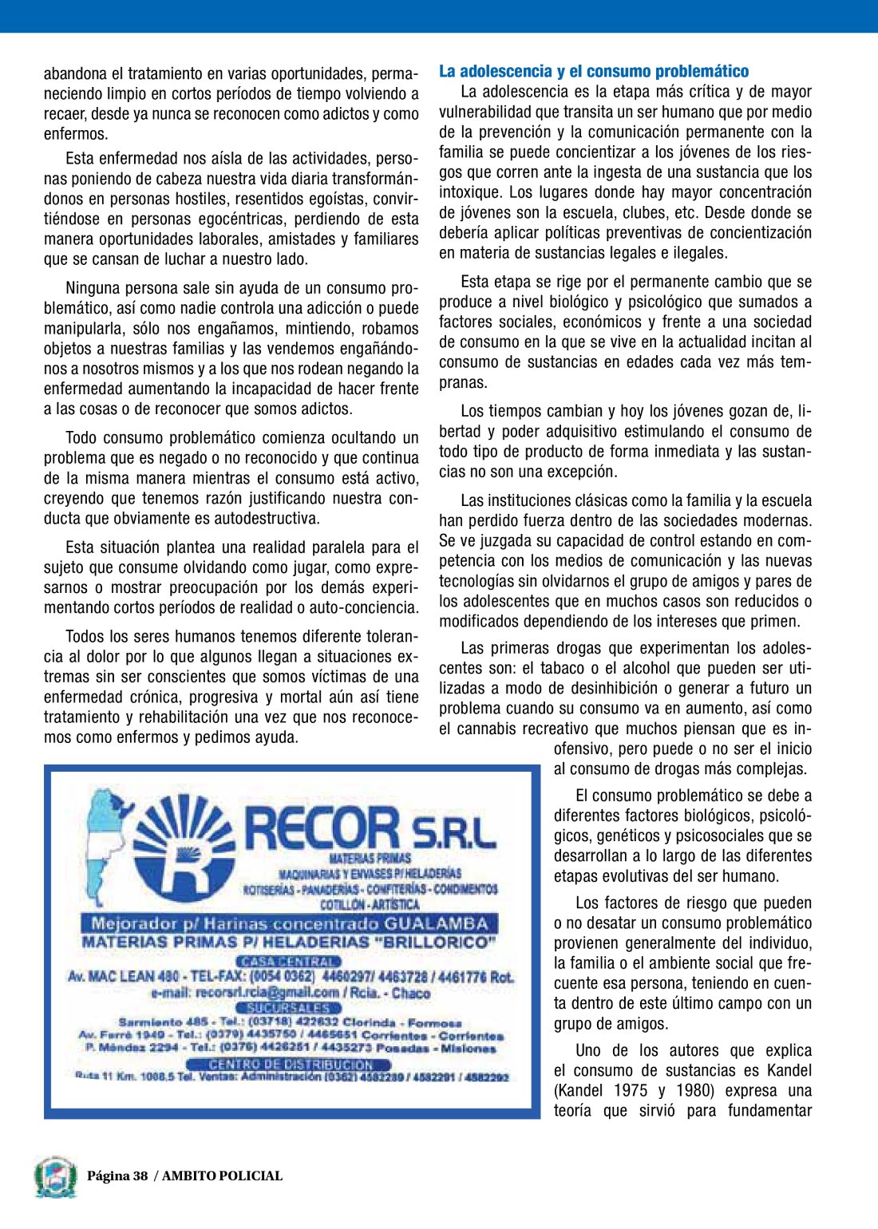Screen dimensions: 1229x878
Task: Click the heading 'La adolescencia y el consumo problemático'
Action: point(593,71)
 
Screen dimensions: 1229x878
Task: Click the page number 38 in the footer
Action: point(140,1176)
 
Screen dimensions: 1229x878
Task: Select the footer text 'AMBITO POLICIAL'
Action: point(222,1176)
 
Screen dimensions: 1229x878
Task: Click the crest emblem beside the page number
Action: point(55,1177)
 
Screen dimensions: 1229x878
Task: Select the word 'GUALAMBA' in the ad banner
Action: point(436,923)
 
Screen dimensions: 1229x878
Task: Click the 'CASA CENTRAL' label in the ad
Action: point(289,961)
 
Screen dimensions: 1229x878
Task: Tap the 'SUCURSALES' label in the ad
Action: point(288,1008)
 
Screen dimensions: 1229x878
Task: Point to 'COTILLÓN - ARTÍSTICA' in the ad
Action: point(369,905)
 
